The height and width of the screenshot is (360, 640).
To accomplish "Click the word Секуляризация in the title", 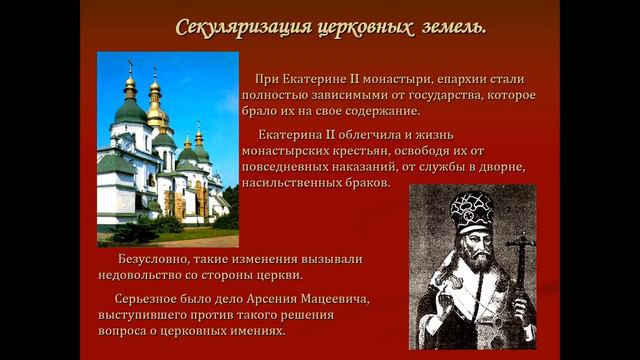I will (x=231, y=26).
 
